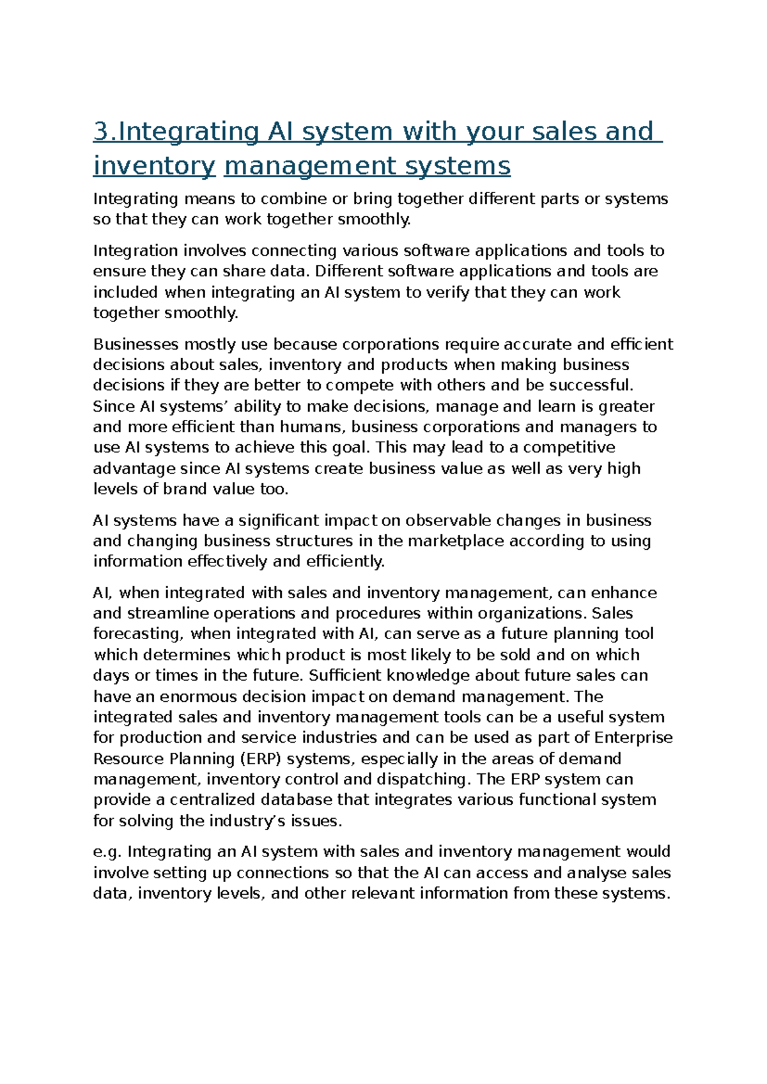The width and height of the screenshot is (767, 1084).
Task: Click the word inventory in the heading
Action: coord(154,166)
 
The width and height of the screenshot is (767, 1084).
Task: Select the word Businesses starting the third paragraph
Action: coord(136,345)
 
